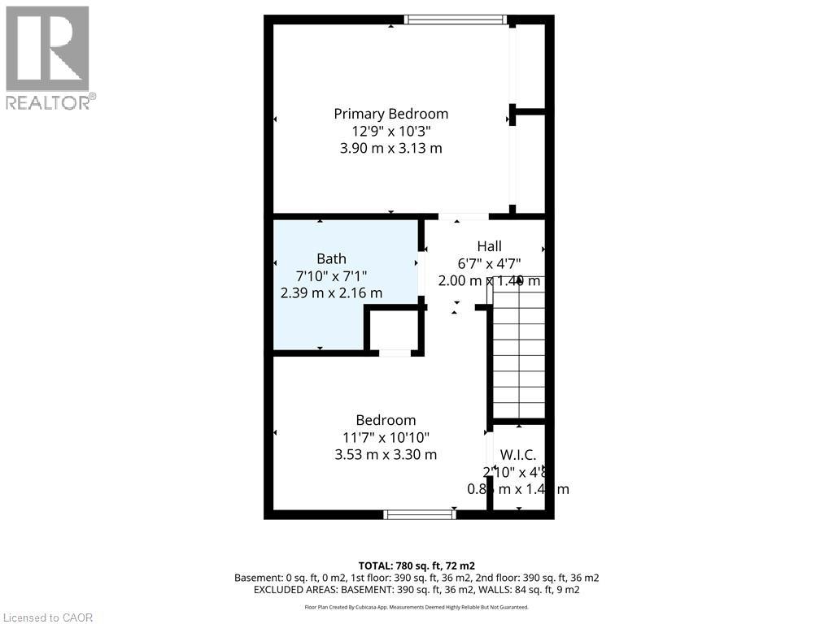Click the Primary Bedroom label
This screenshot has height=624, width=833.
(x=390, y=114)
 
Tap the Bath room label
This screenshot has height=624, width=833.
(x=331, y=259)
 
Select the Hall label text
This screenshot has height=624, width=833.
(x=489, y=246)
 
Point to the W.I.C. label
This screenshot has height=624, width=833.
(x=517, y=455)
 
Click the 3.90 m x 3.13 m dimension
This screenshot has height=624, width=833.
(x=390, y=149)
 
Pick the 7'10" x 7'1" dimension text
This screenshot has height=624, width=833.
(x=331, y=276)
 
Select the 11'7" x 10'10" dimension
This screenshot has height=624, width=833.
(x=386, y=438)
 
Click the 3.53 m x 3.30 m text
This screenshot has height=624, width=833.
(x=386, y=455)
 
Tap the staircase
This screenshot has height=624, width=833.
(x=518, y=357)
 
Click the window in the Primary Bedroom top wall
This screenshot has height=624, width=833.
(x=456, y=19)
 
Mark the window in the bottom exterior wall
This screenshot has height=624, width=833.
(x=420, y=514)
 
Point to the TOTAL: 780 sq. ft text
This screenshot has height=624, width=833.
(x=416, y=565)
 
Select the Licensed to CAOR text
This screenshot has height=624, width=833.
(x=48, y=617)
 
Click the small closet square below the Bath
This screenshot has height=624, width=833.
(x=395, y=328)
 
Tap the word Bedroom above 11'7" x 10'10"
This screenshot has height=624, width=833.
(x=386, y=420)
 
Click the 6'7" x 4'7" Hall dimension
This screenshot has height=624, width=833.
(x=490, y=263)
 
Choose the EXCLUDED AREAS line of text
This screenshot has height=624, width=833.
(x=416, y=589)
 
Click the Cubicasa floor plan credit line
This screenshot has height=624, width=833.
(x=416, y=607)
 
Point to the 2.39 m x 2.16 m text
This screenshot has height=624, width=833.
(x=331, y=293)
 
